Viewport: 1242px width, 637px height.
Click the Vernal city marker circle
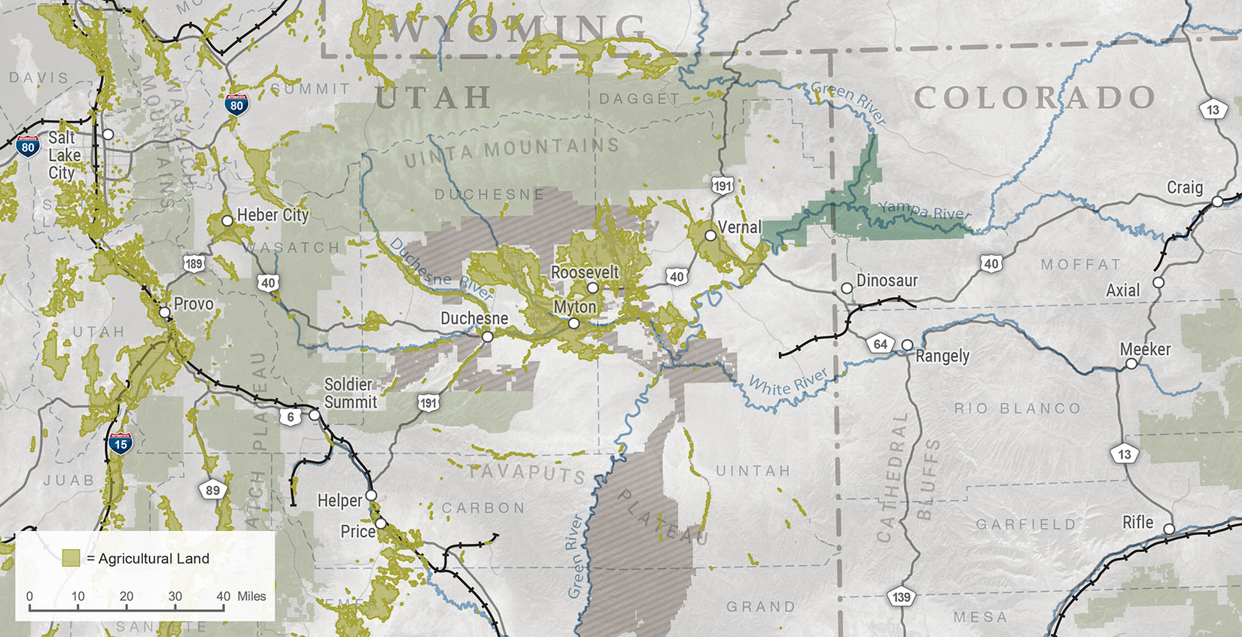[710, 235]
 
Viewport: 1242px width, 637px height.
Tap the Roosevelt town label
[585, 272]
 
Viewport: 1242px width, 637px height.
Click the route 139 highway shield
[901, 597]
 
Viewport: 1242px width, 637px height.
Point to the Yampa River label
[924, 210]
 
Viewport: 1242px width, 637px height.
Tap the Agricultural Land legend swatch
[72, 558]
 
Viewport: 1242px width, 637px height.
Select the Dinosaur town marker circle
[847, 288]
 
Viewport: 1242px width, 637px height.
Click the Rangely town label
[942, 356]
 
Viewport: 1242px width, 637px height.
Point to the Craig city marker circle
[1217, 202]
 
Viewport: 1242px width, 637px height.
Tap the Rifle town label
[1137, 522]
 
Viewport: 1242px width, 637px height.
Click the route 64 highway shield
[880, 344]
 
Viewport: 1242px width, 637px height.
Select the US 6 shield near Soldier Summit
[291, 417]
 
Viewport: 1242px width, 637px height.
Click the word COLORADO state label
[1034, 98]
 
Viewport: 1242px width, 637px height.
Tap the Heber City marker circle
[227, 221]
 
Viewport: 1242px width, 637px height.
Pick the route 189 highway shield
[193, 263]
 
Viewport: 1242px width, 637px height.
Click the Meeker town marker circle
[1131, 364]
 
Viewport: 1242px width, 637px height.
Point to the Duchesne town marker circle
[488, 336]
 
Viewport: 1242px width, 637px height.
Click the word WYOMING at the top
[516, 30]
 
